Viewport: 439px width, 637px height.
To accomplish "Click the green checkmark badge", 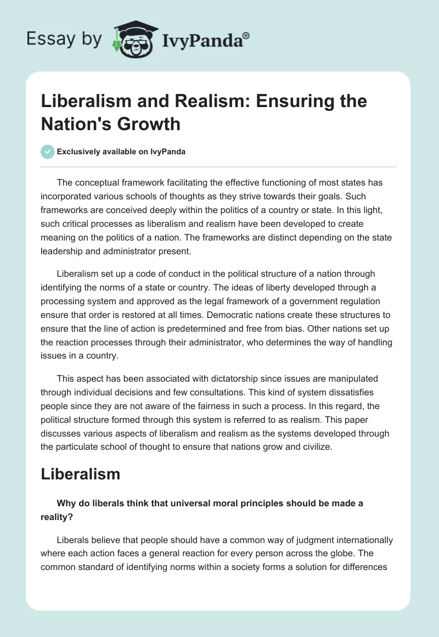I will [48, 152].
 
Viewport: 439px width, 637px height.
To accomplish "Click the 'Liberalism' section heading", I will [80, 474].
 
